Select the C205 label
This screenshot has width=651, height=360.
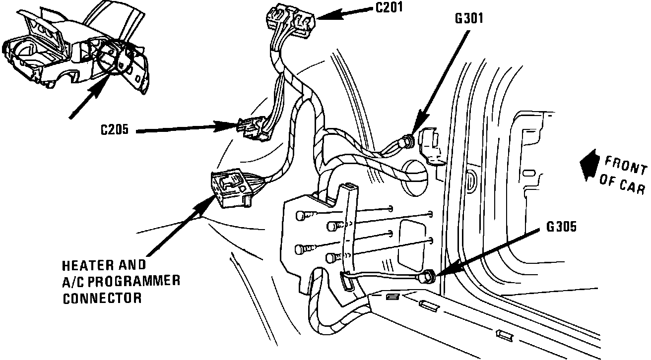[x=115, y=130]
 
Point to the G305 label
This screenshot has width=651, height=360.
[x=561, y=228]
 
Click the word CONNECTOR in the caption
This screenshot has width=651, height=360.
[x=102, y=299]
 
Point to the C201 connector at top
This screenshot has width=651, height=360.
[x=291, y=20]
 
